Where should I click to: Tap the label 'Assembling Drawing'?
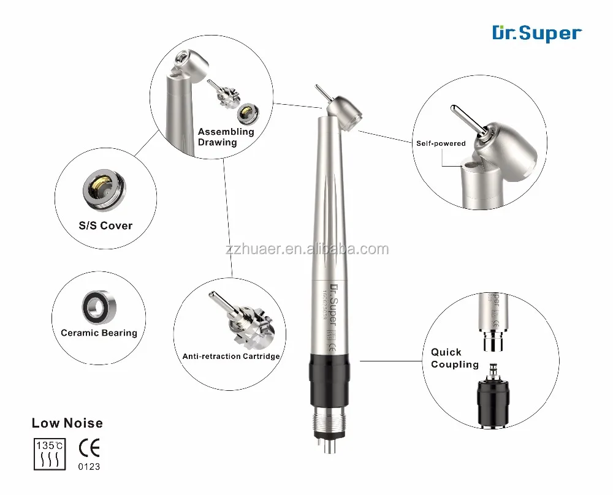(x=225, y=137)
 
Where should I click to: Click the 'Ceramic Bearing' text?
(x=99, y=333)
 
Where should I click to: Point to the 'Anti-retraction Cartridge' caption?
(x=231, y=356)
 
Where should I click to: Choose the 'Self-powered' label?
(x=440, y=143)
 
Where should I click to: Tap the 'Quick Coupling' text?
(x=454, y=358)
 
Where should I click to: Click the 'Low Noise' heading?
(x=67, y=423)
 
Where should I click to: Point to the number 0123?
(x=90, y=472)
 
